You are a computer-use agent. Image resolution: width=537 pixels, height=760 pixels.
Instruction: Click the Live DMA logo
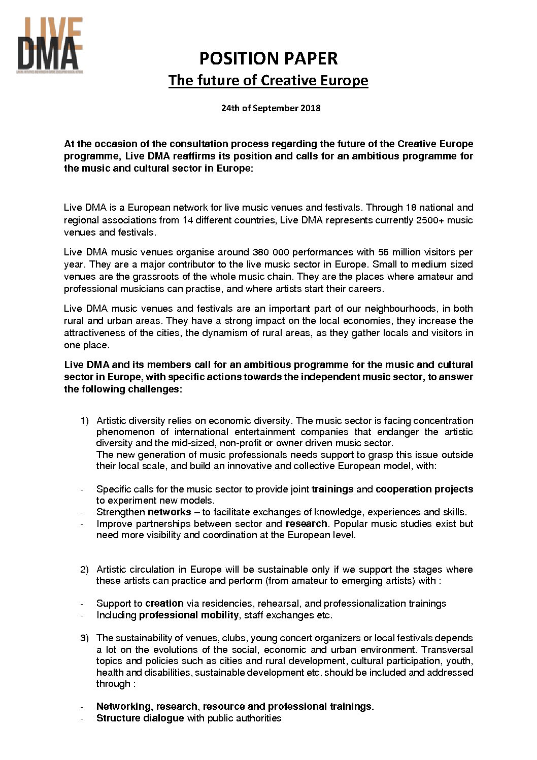(50, 45)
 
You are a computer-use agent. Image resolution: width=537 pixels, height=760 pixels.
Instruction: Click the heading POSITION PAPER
(268, 58)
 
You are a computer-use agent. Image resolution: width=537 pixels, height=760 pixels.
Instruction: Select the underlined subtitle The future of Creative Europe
(268, 80)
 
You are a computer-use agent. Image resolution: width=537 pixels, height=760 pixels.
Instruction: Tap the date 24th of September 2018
(271, 108)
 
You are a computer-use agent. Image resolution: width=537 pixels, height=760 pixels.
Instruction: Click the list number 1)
(84, 421)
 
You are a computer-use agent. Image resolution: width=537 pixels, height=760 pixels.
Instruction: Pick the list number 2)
(84, 570)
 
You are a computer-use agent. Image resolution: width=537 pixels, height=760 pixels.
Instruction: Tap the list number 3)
(84, 638)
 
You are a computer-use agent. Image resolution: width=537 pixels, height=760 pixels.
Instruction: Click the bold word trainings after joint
(332, 489)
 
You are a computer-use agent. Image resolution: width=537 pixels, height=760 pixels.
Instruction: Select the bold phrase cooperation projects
(424, 489)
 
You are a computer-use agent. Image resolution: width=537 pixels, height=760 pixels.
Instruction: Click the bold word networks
(170, 512)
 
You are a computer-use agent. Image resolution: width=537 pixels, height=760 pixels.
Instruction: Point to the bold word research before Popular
(307, 523)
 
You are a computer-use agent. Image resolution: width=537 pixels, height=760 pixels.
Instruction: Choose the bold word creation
(164, 604)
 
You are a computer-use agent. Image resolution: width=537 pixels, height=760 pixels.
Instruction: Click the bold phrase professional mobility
(189, 615)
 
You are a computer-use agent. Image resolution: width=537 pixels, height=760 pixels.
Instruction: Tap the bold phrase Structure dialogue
(140, 718)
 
